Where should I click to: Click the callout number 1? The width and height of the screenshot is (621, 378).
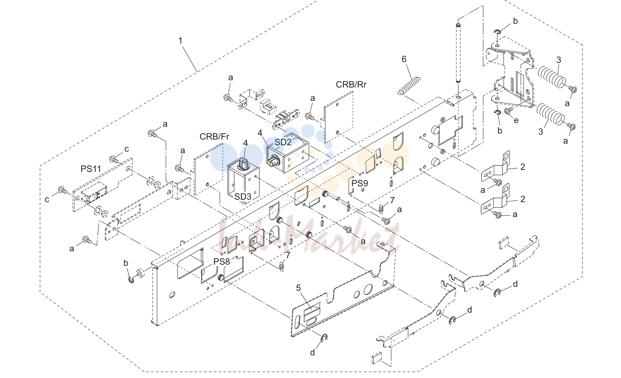coord(180,41)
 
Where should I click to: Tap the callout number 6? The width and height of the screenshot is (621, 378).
coord(404,59)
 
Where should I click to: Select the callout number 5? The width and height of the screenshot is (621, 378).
coord(298,288)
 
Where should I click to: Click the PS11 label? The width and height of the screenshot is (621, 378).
coord(91,169)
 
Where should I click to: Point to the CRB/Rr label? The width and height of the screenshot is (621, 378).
coord(351,85)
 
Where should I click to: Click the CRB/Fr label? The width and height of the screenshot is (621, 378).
coord(214,136)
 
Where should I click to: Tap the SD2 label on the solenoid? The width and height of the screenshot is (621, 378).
coord(283,142)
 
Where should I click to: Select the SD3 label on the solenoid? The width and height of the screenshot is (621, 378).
coord(243,196)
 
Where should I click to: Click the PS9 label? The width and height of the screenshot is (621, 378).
coord(360,183)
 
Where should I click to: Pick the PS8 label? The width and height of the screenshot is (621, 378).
coord(222,261)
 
